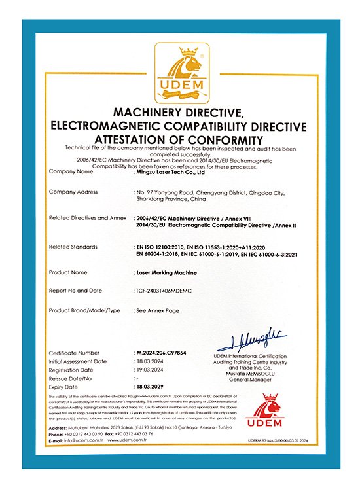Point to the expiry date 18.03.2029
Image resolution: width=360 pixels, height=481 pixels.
click(151, 387)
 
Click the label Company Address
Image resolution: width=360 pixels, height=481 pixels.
click(73, 192)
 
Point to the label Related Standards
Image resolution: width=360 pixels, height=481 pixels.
click(73, 247)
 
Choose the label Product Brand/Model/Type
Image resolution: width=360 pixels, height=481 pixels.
click(85, 310)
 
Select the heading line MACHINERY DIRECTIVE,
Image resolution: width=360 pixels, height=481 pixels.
click(179, 113)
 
